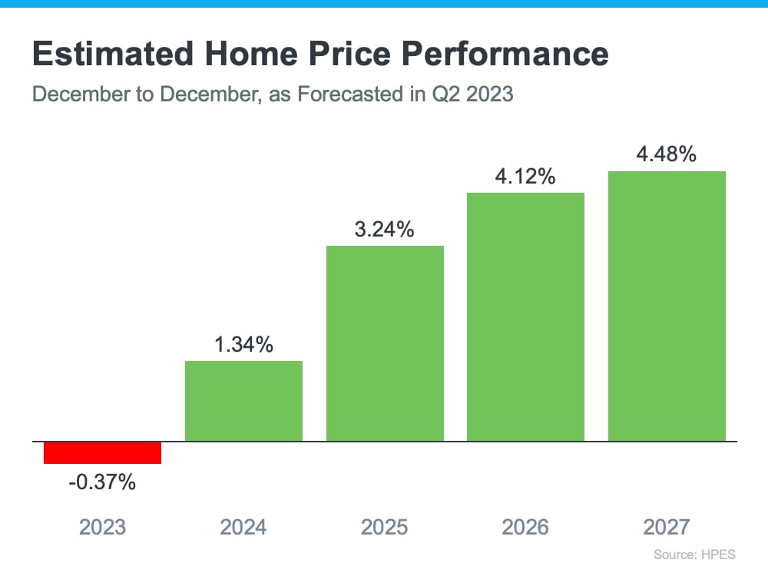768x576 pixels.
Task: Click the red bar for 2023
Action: (102, 453)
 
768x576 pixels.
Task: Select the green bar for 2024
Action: (243, 401)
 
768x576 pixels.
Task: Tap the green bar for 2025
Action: (385, 343)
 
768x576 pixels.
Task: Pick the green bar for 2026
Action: (525, 316)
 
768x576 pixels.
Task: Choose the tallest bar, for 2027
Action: (667, 306)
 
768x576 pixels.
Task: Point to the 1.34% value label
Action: (243, 345)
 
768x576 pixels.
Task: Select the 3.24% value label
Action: (385, 229)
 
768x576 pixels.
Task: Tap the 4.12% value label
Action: (525, 177)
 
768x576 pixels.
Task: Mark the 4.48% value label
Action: (667, 154)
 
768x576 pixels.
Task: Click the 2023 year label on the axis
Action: (102, 527)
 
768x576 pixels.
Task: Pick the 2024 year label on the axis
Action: (243, 527)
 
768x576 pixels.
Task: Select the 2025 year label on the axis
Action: (385, 527)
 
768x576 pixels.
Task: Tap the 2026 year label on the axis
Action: (525, 527)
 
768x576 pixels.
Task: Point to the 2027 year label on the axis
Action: (667, 527)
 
